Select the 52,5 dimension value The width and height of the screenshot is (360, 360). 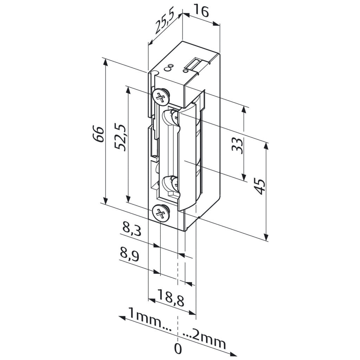tap(120, 138)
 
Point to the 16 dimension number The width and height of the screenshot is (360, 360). tap(201, 12)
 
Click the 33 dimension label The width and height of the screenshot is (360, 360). tap(237, 146)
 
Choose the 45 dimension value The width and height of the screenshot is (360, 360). tap(260, 187)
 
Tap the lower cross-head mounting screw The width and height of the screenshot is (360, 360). tap(160, 213)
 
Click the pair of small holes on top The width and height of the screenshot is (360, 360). tap(169, 67)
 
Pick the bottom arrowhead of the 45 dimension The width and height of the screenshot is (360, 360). tap(266, 237)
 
